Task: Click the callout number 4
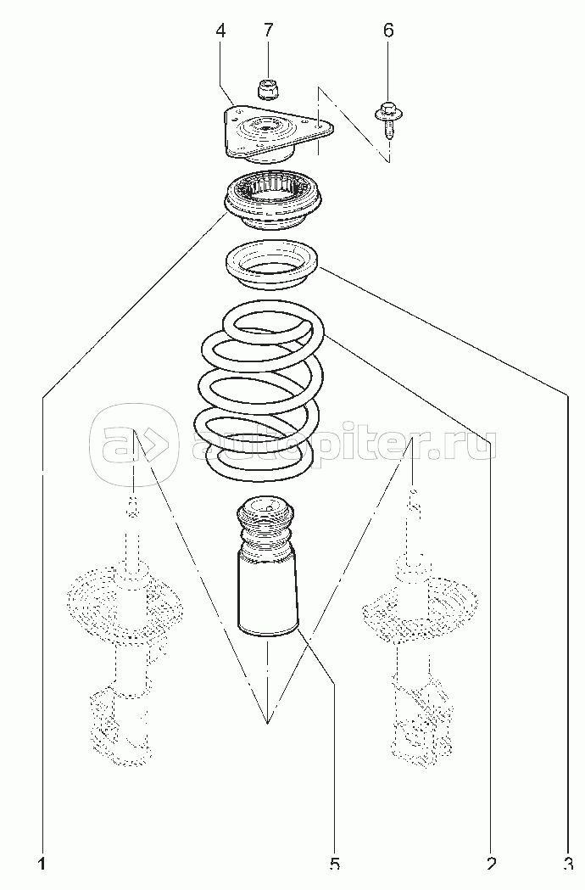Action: [x=220, y=31]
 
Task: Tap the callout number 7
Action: [x=269, y=31]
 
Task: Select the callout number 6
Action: [x=388, y=31]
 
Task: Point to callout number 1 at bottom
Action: [x=42, y=865]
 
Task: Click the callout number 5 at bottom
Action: [x=334, y=865]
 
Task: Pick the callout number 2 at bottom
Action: [x=492, y=865]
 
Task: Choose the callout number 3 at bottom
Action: [x=568, y=865]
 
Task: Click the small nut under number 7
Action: [x=266, y=90]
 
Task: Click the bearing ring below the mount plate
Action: [x=274, y=201]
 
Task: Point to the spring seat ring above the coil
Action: [x=271, y=266]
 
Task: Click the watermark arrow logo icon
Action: [x=134, y=442]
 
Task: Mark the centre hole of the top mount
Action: [x=265, y=127]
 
